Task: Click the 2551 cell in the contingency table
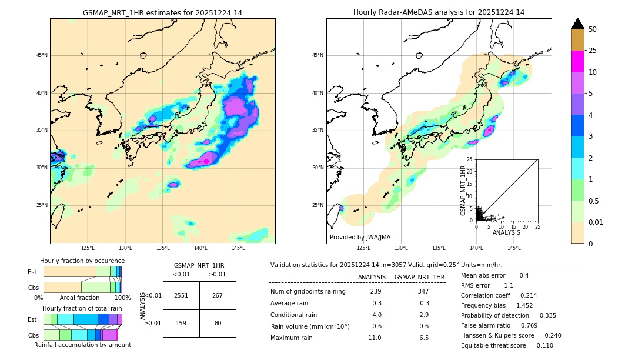point(181,295)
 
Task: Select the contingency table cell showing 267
point(218,295)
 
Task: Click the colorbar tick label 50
point(593,29)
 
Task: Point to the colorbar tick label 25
point(593,51)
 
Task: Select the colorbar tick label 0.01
point(596,222)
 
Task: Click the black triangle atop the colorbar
point(578,24)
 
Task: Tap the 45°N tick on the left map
point(42,55)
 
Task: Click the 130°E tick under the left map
point(125,248)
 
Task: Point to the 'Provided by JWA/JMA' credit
point(360,238)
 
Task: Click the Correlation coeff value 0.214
point(524,296)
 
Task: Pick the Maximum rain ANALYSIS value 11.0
point(375,338)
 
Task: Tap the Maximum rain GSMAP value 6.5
point(423,338)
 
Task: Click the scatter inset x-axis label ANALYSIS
point(506,232)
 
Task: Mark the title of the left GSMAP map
point(162,12)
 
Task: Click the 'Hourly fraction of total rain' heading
point(82,308)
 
